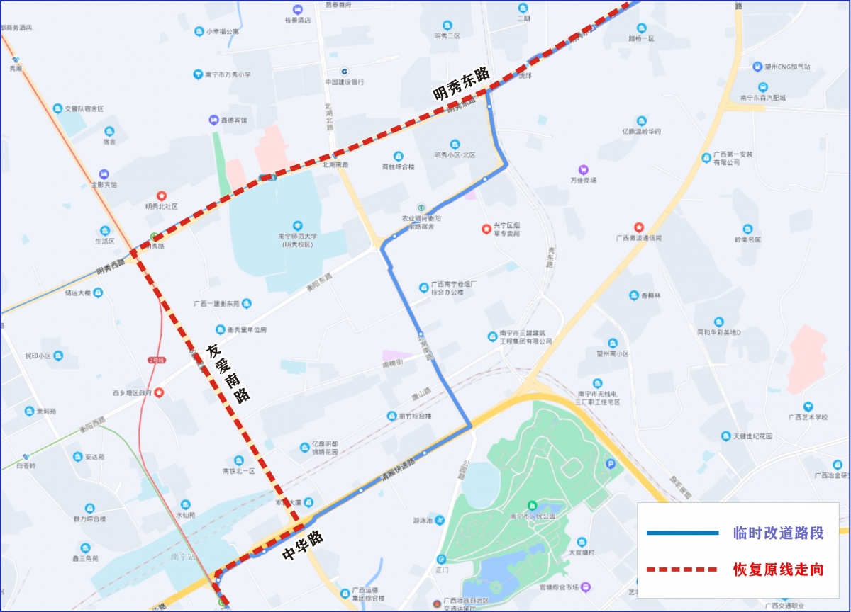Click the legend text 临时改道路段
click(x=778, y=533)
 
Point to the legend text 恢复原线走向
click(x=778, y=569)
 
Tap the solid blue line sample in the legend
click(x=682, y=533)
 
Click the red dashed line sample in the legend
click(x=682, y=569)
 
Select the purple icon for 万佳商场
click(x=584, y=169)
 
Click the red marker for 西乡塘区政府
click(x=160, y=392)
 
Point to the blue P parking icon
click(x=611, y=465)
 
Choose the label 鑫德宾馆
click(x=233, y=120)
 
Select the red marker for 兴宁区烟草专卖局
click(x=486, y=229)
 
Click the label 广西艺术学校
click(x=808, y=417)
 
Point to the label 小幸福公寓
click(x=223, y=31)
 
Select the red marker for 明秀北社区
click(x=161, y=195)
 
